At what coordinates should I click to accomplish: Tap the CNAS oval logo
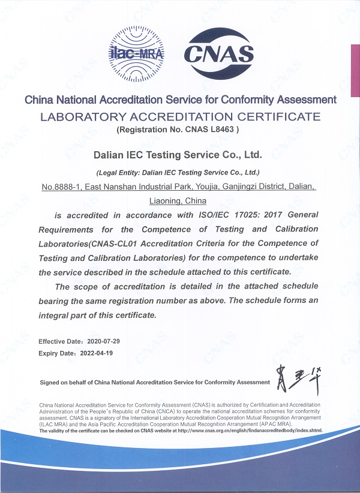tap(219, 53)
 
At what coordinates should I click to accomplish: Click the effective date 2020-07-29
tap(107, 341)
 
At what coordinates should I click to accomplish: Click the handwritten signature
tap(295, 377)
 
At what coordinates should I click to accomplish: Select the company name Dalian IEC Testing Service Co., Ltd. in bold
tap(180, 155)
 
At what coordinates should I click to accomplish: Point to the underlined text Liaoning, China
tap(178, 201)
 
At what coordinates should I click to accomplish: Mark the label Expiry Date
tap(57, 353)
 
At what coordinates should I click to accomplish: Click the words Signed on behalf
tap(62, 382)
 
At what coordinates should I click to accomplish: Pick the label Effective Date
tap(60, 341)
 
